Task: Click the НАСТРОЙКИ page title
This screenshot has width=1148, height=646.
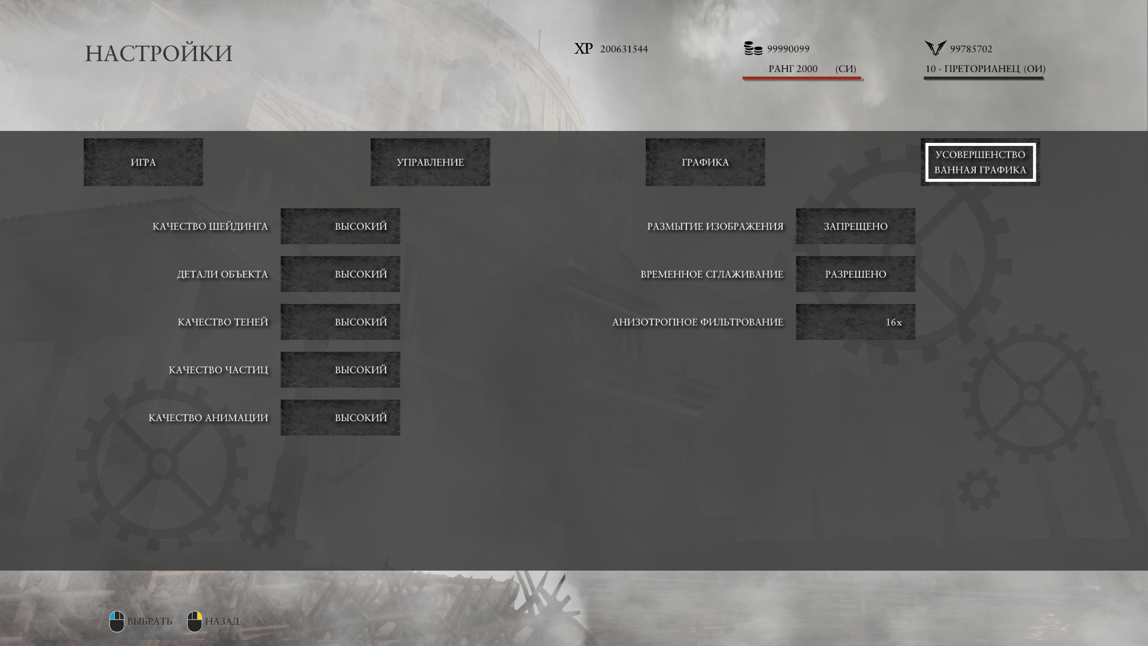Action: (158, 53)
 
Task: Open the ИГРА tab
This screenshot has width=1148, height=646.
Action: (143, 162)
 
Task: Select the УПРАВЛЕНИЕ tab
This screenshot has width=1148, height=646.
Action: (430, 162)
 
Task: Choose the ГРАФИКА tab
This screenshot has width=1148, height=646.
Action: (706, 162)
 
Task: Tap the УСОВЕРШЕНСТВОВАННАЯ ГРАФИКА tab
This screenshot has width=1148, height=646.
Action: (981, 162)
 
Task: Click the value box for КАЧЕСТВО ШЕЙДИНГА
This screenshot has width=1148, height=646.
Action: (340, 226)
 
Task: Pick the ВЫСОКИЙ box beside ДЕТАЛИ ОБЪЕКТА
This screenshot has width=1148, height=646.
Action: (340, 274)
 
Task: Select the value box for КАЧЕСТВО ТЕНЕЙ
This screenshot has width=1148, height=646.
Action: (340, 322)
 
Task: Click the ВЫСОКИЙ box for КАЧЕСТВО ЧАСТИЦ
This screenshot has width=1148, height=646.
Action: (340, 370)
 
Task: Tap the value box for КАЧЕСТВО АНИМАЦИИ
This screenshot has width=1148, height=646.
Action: (340, 418)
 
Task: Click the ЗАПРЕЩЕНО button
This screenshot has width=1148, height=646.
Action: (856, 226)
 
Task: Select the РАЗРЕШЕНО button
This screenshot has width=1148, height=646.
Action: (856, 274)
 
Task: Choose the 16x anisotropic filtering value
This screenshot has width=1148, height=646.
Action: (856, 322)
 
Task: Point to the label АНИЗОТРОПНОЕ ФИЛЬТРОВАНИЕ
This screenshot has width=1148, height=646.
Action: (698, 322)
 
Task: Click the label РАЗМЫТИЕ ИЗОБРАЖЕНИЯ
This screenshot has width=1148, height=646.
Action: (715, 227)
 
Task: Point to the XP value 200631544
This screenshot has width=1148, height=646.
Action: (624, 49)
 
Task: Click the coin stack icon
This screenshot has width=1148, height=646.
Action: (753, 48)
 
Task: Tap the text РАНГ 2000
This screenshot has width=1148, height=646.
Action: (793, 69)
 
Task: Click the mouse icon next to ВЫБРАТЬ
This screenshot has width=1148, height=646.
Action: (117, 621)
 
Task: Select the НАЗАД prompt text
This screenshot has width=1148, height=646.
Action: (222, 621)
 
